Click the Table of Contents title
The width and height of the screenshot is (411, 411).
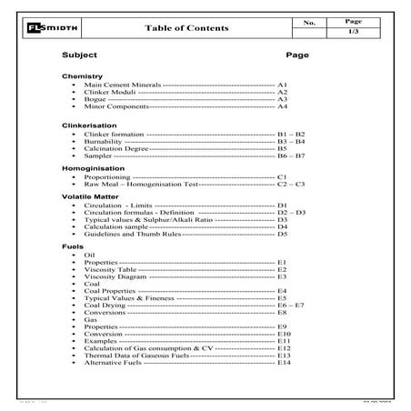pos(187,28)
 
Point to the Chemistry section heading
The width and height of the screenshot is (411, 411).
pos(82,76)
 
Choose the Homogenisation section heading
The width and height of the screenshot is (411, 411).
pos(91,169)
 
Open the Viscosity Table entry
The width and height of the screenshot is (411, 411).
pos(111,269)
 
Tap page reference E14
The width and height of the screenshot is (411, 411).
pos(285,363)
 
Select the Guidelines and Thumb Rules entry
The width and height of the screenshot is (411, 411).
pos(133,234)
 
